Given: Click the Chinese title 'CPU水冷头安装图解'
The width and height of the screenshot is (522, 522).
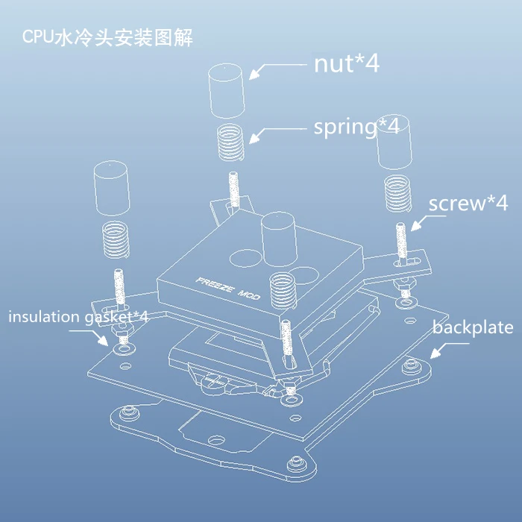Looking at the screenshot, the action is [x=107, y=38].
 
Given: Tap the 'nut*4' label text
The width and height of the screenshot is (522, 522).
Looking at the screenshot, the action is [x=347, y=63].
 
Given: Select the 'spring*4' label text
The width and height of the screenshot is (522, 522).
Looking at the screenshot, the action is [x=356, y=128].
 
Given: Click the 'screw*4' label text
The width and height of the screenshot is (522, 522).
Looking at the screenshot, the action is [x=468, y=203].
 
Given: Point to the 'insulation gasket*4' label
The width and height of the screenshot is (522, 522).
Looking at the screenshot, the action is [x=78, y=317].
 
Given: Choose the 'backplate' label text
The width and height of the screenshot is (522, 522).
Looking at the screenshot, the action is [x=473, y=327].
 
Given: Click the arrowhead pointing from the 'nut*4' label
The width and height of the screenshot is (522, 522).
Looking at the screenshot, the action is [x=254, y=75].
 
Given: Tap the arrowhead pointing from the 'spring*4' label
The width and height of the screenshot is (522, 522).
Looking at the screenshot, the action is [x=254, y=139].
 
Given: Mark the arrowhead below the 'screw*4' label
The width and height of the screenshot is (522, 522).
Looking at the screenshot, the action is [x=416, y=225].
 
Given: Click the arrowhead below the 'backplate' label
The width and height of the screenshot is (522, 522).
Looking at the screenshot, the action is [x=435, y=353].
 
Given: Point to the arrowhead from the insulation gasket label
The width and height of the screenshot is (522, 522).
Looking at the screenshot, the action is [x=103, y=340].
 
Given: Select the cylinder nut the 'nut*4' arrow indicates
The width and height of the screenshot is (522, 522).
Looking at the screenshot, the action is [x=227, y=91].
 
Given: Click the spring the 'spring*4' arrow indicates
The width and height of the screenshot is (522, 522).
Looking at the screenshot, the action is [x=231, y=142].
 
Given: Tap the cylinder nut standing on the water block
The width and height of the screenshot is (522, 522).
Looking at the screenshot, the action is [x=279, y=239].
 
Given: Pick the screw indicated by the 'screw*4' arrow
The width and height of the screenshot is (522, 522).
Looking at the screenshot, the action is [x=401, y=243].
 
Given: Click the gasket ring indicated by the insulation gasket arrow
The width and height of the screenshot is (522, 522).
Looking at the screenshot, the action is [x=125, y=349].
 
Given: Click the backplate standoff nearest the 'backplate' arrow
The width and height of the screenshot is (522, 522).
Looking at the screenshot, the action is [x=412, y=366].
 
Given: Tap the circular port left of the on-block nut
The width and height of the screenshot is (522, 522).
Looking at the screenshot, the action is [x=245, y=258].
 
